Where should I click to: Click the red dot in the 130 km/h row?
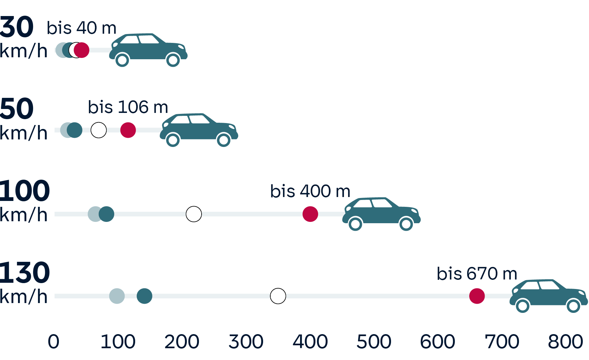(x=477, y=296)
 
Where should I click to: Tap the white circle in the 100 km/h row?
(x=194, y=214)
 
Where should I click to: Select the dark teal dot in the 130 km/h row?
(x=144, y=296)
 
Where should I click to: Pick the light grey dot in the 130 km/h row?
(x=117, y=296)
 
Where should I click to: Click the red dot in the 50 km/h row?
(x=128, y=130)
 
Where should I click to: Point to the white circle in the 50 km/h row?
(x=98, y=130)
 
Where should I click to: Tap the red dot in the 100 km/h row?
(x=310, y=214)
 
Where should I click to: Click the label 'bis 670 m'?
(x=477, y=274)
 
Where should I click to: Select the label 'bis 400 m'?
(x=310, y=191)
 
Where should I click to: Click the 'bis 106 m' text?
(x=128, y=107)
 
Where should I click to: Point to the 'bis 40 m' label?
(x=81, y=28)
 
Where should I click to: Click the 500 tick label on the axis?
(x=374, y=342)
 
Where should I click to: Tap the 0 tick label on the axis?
(x=53, y=342)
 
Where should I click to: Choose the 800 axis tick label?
(x=565, y=342)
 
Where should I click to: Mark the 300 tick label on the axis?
(x=246, y=342)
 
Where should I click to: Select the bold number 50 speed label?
(x=17, y=109)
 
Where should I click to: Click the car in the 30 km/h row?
(x=148, y=49)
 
